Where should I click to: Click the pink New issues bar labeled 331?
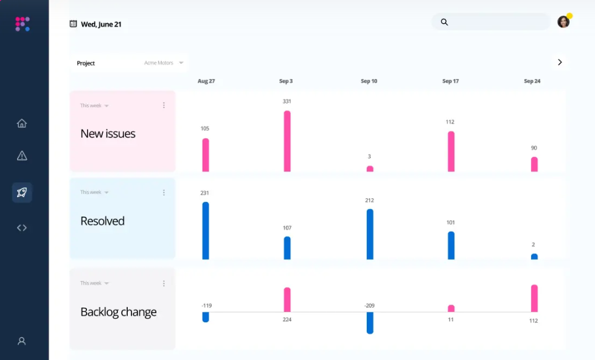(287, 141)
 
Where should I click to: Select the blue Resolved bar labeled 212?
(370, 234)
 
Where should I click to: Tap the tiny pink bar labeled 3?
(370, 168)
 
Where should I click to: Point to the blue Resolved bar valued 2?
(534, 257)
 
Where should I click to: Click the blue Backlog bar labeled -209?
(370, 323)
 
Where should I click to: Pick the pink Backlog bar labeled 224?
(287, 300)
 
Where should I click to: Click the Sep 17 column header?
(450, 81)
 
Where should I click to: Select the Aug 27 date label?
(206, 81)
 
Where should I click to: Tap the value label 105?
(205, 128)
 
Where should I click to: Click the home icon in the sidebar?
(22, 123)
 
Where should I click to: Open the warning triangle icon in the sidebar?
(22, 156)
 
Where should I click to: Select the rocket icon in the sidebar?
(22, 193)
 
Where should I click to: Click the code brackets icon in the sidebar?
(22, 228)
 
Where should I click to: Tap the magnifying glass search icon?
(444, 22)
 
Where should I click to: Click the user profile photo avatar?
(563, 22)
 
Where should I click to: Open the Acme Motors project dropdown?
(164, 63)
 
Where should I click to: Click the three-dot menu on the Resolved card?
(164, 193)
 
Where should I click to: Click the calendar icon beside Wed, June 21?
(74, 24)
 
